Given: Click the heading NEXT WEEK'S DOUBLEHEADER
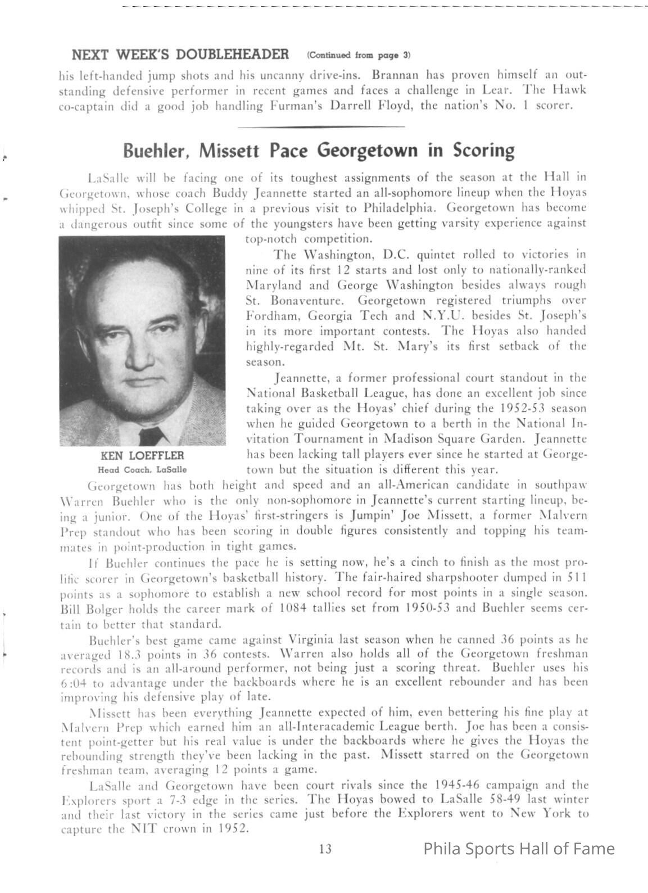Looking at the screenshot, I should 180,55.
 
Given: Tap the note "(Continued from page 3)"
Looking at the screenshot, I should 359,55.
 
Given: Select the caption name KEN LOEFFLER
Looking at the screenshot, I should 142,455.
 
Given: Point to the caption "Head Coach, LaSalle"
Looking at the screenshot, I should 142,469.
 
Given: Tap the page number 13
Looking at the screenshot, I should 325,849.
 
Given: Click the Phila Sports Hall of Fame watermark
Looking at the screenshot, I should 518,848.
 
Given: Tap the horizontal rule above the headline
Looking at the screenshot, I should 321,127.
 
